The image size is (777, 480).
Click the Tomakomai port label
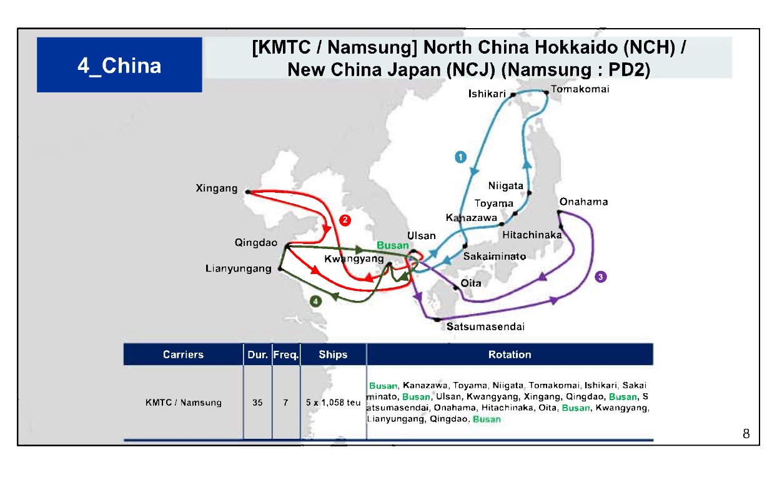click(x=580, y=89)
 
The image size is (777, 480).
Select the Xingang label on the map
click(x=216, y=188)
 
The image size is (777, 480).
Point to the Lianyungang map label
click(x=239, y=268)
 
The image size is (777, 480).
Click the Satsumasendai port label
click(x=485, y=326)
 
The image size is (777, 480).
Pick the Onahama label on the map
click(x=583, y=202)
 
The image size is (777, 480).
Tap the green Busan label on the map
click(x=393, y=245)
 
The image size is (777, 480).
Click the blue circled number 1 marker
click(x=461, y=157)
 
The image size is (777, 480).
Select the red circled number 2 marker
click(x=344, y=220)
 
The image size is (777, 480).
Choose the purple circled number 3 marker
click(x=601, y=277)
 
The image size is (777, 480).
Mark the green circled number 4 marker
click(x=316, y=301)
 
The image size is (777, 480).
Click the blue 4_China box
click(x=119, y=65)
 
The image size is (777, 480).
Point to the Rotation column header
click(x=510, y=355)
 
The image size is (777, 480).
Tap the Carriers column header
click(x=183, y=355)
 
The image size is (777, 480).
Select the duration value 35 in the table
click(x=257, y=403)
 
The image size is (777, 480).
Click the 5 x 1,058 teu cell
click(x=333, y=403)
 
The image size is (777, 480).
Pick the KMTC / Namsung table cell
click(x=183, y=403)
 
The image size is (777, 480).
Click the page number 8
click(x=746, y=434)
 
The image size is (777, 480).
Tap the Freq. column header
click(x=286, y=355)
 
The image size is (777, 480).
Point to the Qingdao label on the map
click(x=256, y=242)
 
